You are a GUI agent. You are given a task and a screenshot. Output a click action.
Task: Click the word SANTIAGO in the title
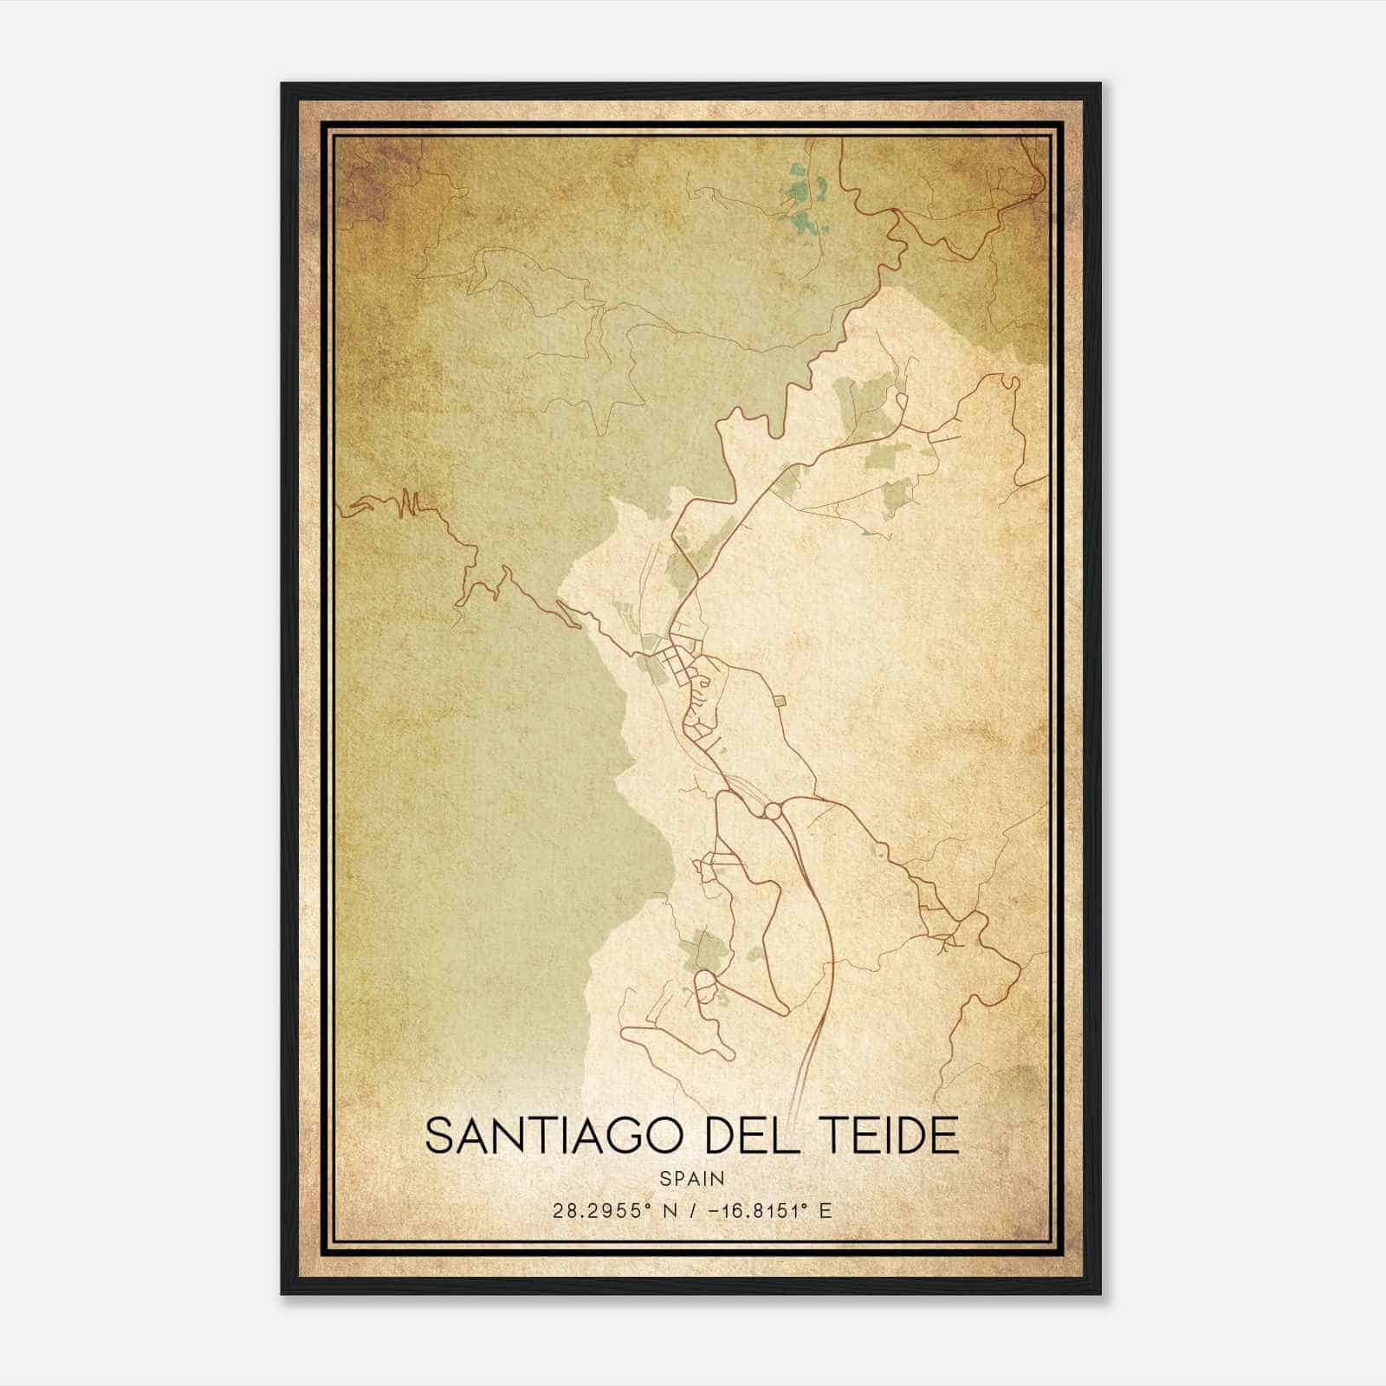(559, 1137)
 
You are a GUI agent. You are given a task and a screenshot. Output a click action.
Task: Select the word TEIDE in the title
(892, 1137)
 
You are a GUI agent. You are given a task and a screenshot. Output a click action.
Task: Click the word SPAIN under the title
(692, 1179)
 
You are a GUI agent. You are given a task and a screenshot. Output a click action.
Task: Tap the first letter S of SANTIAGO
(440, 1137)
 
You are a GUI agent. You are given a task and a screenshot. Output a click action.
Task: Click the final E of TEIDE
(946, 1137)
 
